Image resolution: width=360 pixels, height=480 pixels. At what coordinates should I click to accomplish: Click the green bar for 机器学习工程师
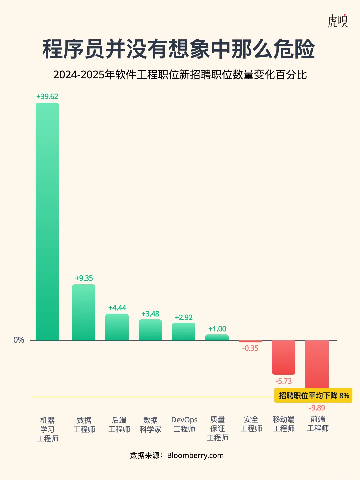(47, 222)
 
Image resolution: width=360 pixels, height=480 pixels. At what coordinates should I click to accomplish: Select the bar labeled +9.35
(84, 313)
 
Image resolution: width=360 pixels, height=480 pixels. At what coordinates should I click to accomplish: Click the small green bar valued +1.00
(217, 338)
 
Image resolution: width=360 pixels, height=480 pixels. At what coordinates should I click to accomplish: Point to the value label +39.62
(47, 97)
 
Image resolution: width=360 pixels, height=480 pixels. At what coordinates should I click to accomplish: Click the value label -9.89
(317, 408)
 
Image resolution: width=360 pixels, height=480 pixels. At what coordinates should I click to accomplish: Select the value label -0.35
(250, 348)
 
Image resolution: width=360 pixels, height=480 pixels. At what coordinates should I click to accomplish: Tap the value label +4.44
(117, 308)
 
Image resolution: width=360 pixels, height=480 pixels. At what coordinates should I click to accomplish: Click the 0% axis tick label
(19, 340)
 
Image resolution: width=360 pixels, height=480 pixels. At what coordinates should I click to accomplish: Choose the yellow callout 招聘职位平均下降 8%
(313, 396)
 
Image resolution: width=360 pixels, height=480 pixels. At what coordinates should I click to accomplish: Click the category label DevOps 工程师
(184, 424)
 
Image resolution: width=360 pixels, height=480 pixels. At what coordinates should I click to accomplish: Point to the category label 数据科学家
(150, 425)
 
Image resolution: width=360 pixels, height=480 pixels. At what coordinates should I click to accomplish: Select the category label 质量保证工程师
(217, 429)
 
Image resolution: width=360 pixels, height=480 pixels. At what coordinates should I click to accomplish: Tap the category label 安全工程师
(251, 424)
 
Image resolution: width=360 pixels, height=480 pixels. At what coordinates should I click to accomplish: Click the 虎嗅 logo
(337, 21)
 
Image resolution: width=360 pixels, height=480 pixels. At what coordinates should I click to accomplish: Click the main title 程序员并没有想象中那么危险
(179, 49)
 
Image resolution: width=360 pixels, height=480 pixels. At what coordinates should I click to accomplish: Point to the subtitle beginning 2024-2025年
(180, 75)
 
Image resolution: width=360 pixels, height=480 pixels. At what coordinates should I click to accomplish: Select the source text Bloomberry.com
(195, 456)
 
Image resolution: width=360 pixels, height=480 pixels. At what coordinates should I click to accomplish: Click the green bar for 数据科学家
(150, 330)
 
